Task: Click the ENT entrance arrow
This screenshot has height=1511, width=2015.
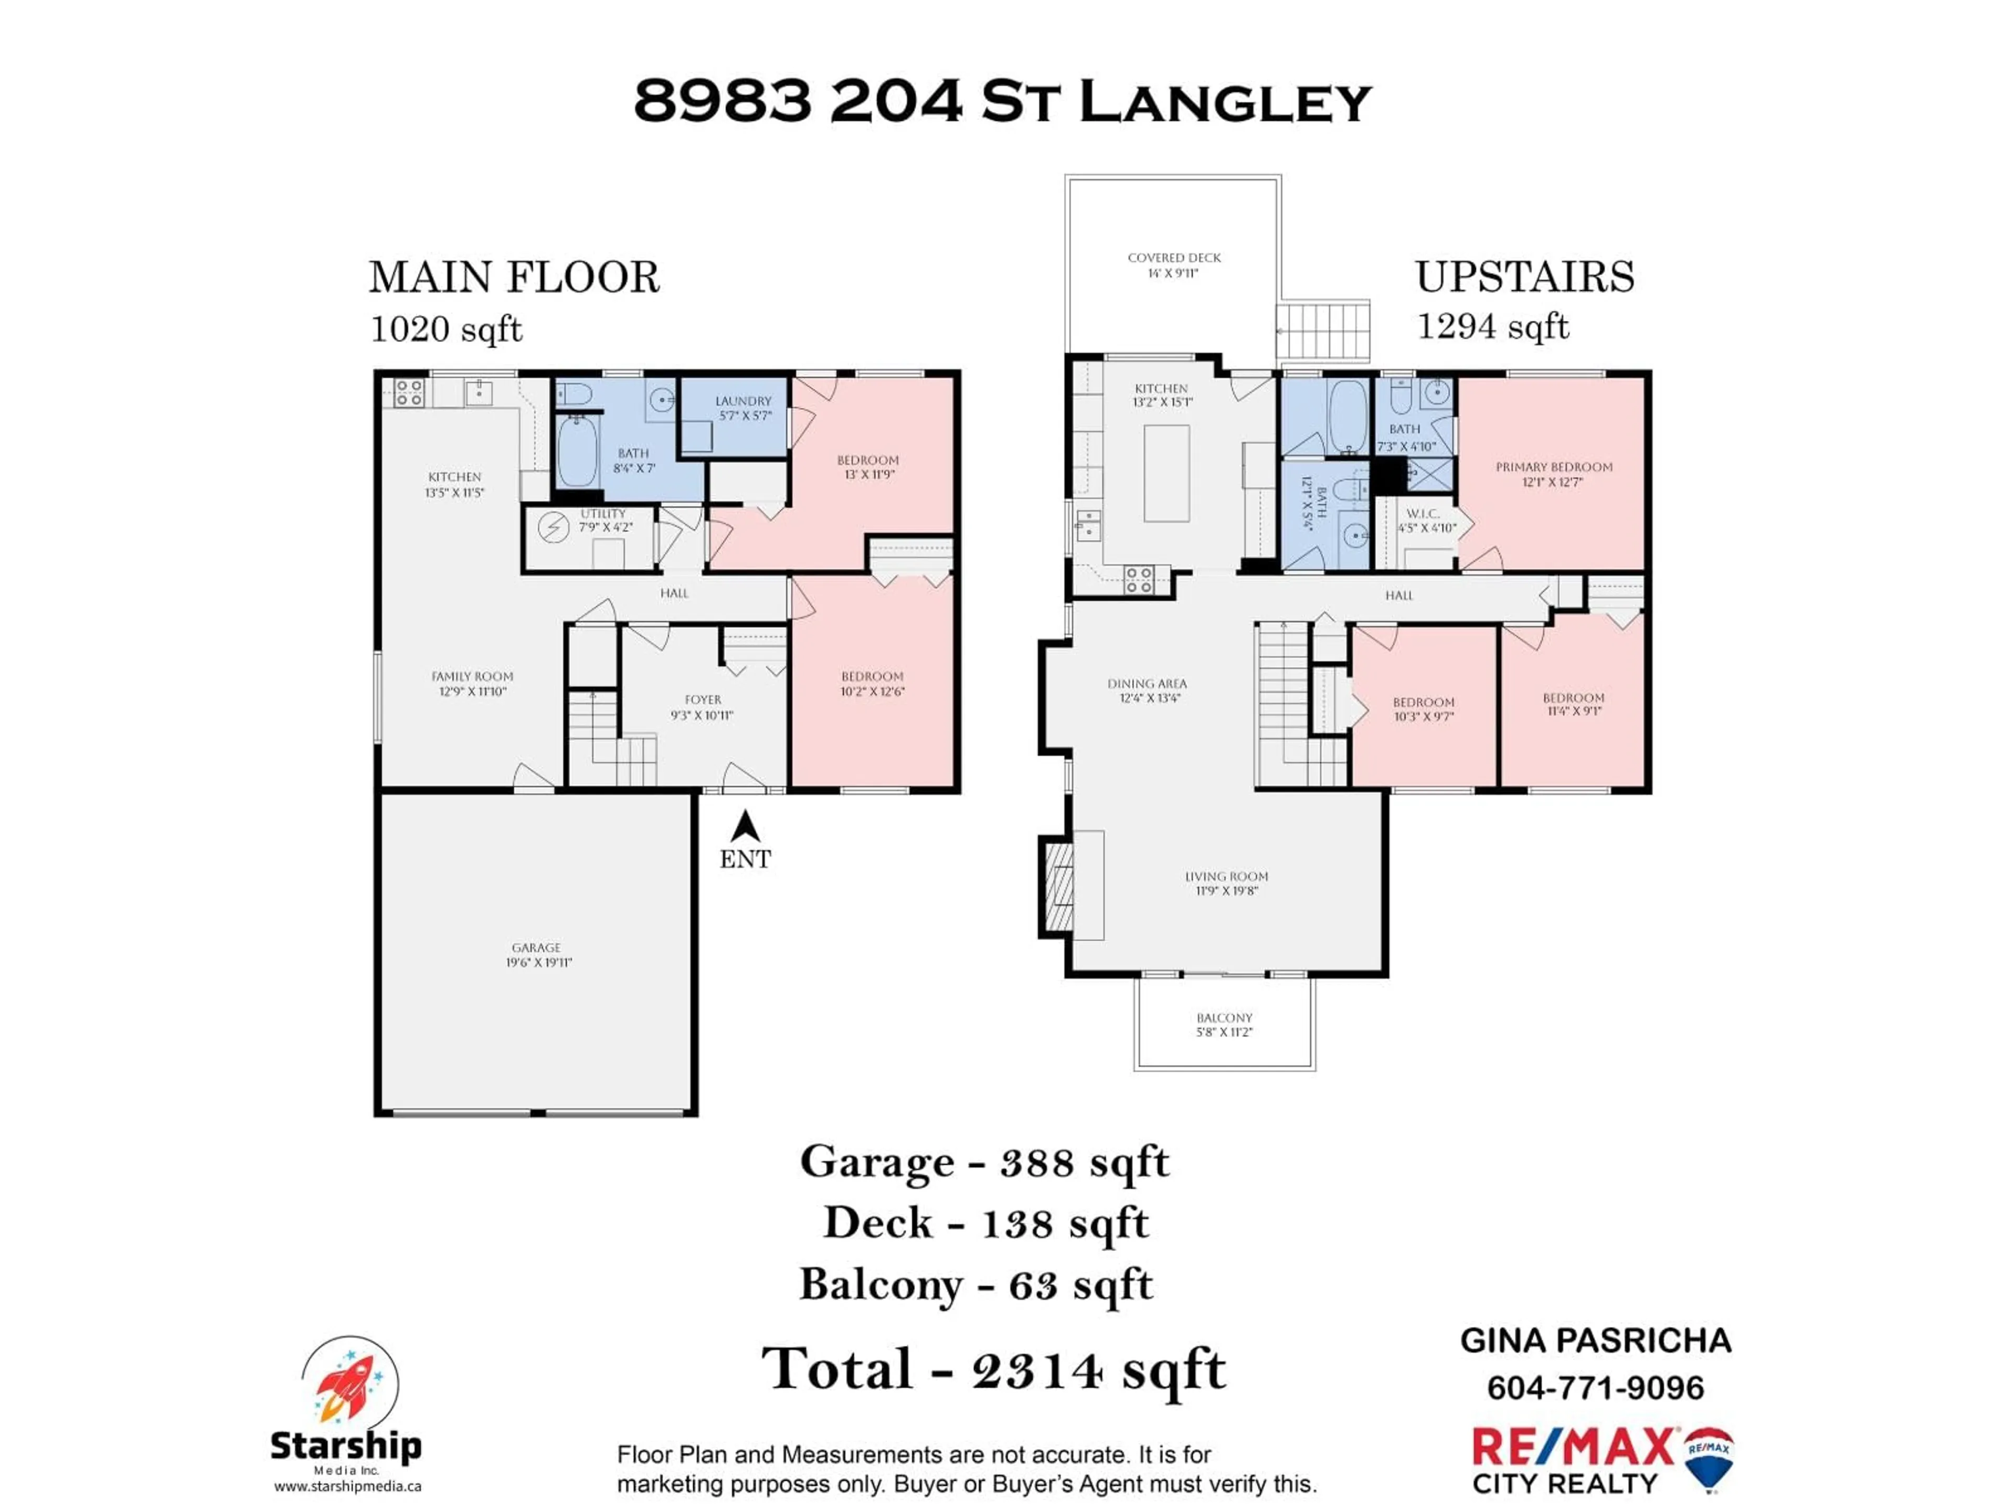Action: click(x=745, y=827)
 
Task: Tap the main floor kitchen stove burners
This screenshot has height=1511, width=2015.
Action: click(x=408, y=392)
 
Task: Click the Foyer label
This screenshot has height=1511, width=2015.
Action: click(x=702, y=707)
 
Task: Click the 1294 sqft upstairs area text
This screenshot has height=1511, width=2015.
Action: click(x=1492, y=326)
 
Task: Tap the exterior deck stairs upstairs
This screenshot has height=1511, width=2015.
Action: click(x=1323, y=331)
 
